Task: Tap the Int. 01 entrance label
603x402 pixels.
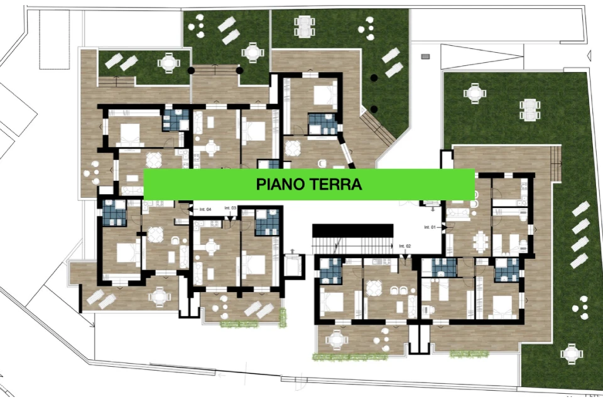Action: pyautogui.click(x=430, y=227)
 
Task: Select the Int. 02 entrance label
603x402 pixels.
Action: pyautogui.click(x=404, y=246)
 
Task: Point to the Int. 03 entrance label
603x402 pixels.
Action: pyautogui.click(x=229, y=208)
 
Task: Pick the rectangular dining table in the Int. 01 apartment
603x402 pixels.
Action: pyautogui.click(x=481, y=241)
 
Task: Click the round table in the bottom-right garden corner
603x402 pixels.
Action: pyautogui.click(x=571, y=353)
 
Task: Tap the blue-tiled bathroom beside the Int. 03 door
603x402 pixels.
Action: pyautogui.click(x=266, y=221)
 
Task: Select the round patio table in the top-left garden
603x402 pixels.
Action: pyautogui.click(x=168, y=62)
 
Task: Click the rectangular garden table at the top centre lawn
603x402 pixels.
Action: pyautogui.click(x=304, y=24)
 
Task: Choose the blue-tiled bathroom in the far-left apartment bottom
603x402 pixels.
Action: pyautogui.click(x=115, y=212)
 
